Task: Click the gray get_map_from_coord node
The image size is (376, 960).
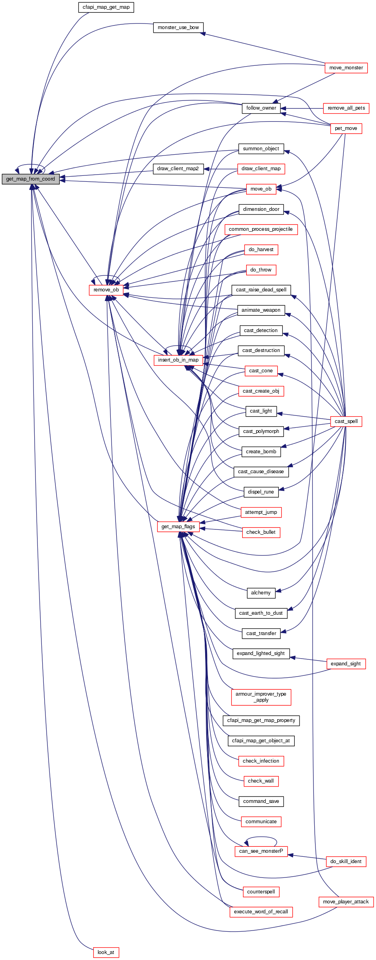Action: click(31, 179)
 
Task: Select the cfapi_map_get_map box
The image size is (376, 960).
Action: click(106, 7)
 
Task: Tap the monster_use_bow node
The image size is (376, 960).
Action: click(178, 28)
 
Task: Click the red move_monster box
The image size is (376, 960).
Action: click(346, 68)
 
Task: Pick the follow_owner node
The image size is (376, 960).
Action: click(261, 108)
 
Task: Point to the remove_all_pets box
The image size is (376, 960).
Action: click(346, 108)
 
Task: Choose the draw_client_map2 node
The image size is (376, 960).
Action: click(178, 169)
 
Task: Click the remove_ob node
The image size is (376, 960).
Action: click(106, 290)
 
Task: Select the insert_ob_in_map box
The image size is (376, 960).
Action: click(178, 360)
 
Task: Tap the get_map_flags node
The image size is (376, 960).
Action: click(178, 527)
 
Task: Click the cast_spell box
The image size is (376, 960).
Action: click(346, 421)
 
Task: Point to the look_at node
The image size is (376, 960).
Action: click(106, 952)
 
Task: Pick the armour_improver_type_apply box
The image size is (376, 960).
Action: click(261, 697)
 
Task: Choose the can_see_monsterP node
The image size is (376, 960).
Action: click(261, 851)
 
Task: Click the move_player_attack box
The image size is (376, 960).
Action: click(346, 902)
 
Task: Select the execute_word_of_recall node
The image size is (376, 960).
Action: click(261, 912)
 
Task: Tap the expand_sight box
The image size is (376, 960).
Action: click(346, 664)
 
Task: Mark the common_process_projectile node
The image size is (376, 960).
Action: click(261, 229)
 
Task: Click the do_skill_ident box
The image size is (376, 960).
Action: click(346, 862)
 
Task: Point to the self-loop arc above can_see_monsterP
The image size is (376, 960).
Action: click(261, 837)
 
